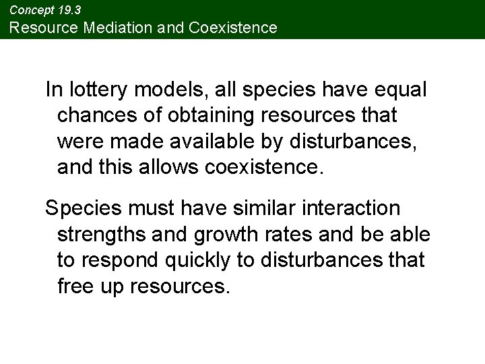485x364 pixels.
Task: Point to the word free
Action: click(75, 286)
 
